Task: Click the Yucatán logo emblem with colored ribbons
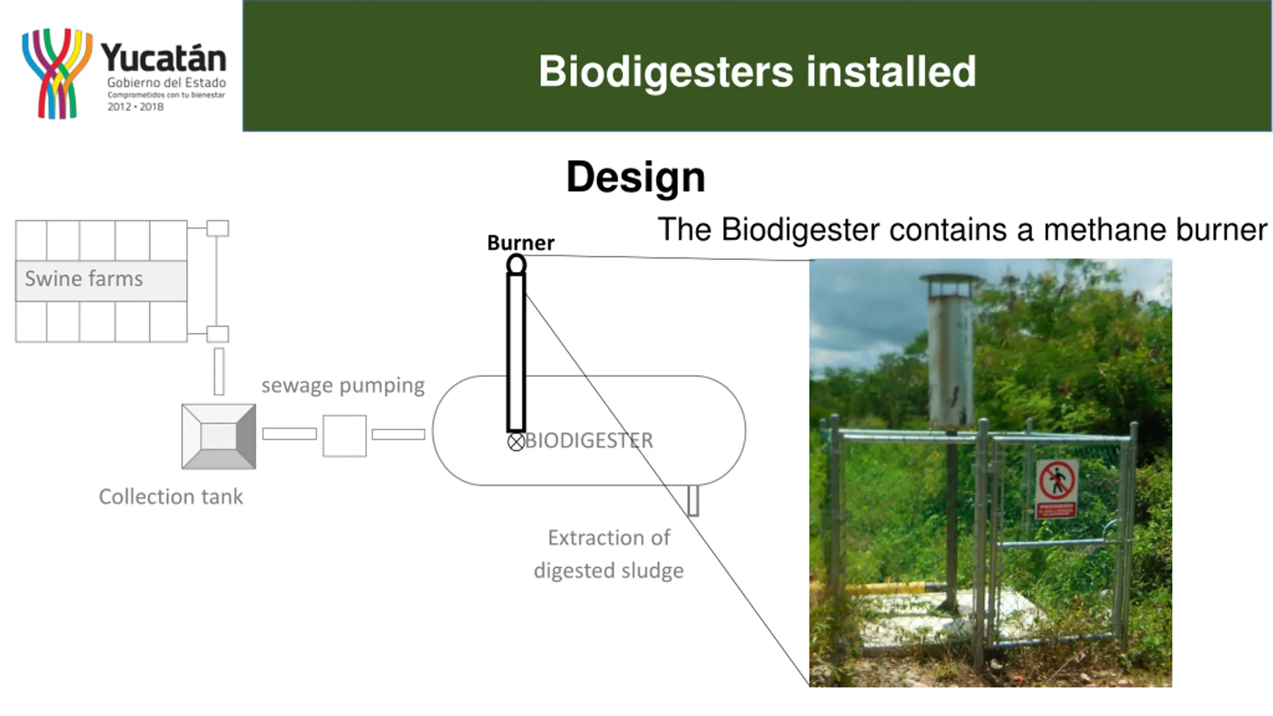pos(57,74)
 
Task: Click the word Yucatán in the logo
pos(164,59)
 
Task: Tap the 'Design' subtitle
pos(636,177)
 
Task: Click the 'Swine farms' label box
pos(101,280)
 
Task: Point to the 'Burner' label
pos(520,243)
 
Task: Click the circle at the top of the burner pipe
pos(516,265)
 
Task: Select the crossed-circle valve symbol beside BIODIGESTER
pos(516,442)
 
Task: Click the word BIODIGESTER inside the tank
pos(589,441)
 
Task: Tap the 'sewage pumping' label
pos(343,385)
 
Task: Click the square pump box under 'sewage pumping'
pos(344,436)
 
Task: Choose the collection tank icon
pos(219,437)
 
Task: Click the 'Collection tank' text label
pos(171,497)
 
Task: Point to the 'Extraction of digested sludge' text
pos(609,554)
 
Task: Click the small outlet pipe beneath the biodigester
pos(693,500)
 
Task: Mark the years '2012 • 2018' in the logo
pos(135,107)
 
